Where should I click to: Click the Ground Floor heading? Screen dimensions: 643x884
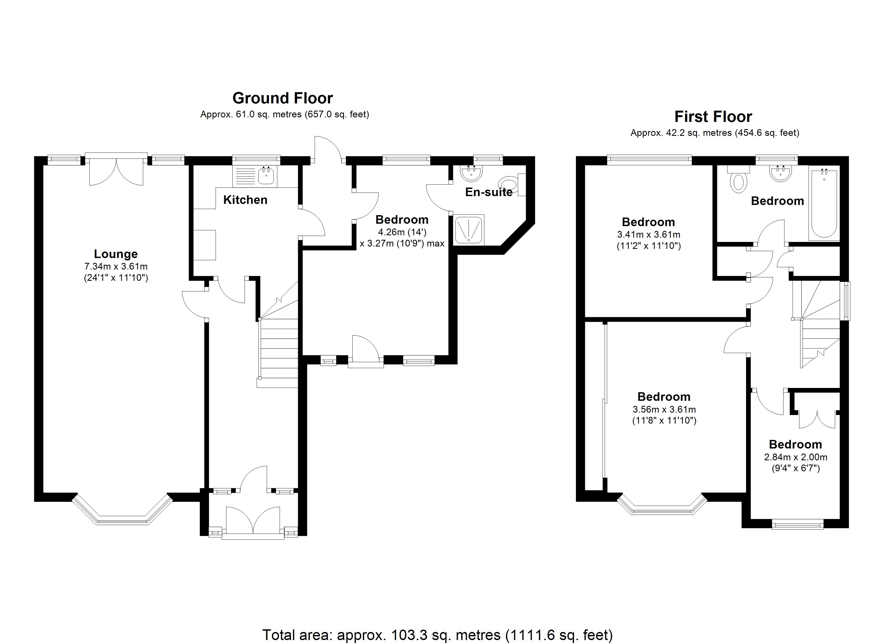[x=283, y=98]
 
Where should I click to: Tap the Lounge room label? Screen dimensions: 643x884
[x=116, y=254]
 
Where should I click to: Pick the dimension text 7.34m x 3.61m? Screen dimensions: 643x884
[x=116, y=267]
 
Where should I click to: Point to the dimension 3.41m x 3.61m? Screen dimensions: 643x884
[x=649, y=235]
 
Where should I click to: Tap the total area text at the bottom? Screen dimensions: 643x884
[x=437, y=635]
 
